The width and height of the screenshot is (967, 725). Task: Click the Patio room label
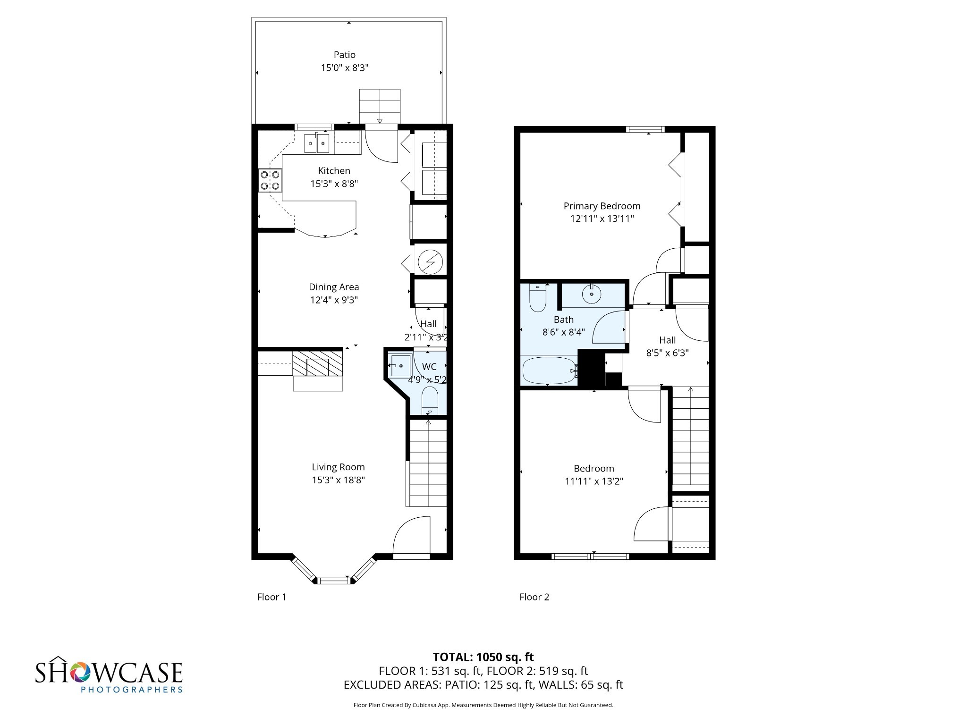[x=344, y=55]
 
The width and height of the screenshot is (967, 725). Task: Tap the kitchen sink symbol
[x=316, y=143]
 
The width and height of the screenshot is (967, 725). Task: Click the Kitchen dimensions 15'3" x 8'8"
[x=334, y=184]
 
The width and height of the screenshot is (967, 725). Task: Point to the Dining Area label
[x=334, y=287]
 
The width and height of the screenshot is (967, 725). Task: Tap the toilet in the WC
[x=430, y=400]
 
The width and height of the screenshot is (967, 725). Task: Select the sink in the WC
[x=399, y=366]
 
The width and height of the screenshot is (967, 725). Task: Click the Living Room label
[x=338, y=467]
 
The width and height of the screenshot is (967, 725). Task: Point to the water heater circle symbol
[x=430, y=262]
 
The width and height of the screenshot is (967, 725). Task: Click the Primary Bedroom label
[x=602, y=206]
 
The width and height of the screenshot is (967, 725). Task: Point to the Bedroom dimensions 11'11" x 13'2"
[x=594, y=481]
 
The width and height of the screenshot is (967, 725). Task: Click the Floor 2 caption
[x=534, y=597]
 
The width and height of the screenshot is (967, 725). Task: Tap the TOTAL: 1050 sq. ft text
[x=483, y=657]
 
